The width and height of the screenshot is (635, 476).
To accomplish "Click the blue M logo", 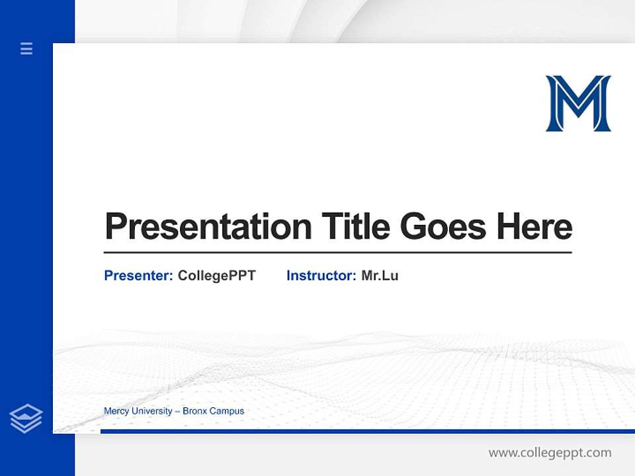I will point(578,103).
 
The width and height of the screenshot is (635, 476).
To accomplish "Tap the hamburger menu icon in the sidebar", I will point(26,48).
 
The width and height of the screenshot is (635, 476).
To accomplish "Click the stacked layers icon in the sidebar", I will point(26,418).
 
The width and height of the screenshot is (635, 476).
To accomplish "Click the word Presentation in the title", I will point(208,227).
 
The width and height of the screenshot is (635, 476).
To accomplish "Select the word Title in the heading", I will point(357,227).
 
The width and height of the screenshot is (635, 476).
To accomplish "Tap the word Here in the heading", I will point(534,227).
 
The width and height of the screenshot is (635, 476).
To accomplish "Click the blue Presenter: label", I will point(138,276).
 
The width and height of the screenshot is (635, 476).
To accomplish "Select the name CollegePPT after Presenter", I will point(216,276).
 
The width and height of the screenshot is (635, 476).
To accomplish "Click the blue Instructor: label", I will point(321,276).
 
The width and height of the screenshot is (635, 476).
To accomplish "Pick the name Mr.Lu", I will point(380,276).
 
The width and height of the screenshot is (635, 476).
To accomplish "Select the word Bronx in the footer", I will point(195,411).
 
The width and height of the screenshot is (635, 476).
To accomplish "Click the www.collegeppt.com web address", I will point(550,453).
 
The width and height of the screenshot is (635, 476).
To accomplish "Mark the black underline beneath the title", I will point(337,253).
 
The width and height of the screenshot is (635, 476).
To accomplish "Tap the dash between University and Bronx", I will point(177,411).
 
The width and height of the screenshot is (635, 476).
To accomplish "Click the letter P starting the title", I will point(116,227).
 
